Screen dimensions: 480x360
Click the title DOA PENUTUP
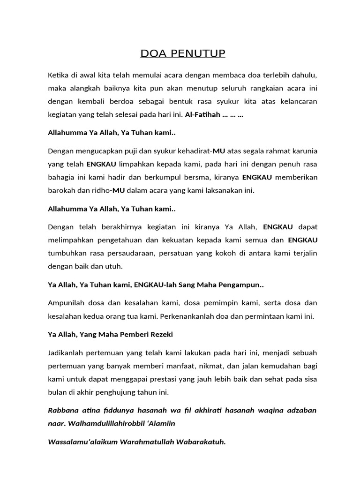point(183,54)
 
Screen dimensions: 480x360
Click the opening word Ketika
point(58,75)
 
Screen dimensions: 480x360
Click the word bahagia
point(60,178)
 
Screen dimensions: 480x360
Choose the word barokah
point(61,190)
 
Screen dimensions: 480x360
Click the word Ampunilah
point(66,303)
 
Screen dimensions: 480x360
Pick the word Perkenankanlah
point(187,316)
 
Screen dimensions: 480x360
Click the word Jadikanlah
point(66,352)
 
